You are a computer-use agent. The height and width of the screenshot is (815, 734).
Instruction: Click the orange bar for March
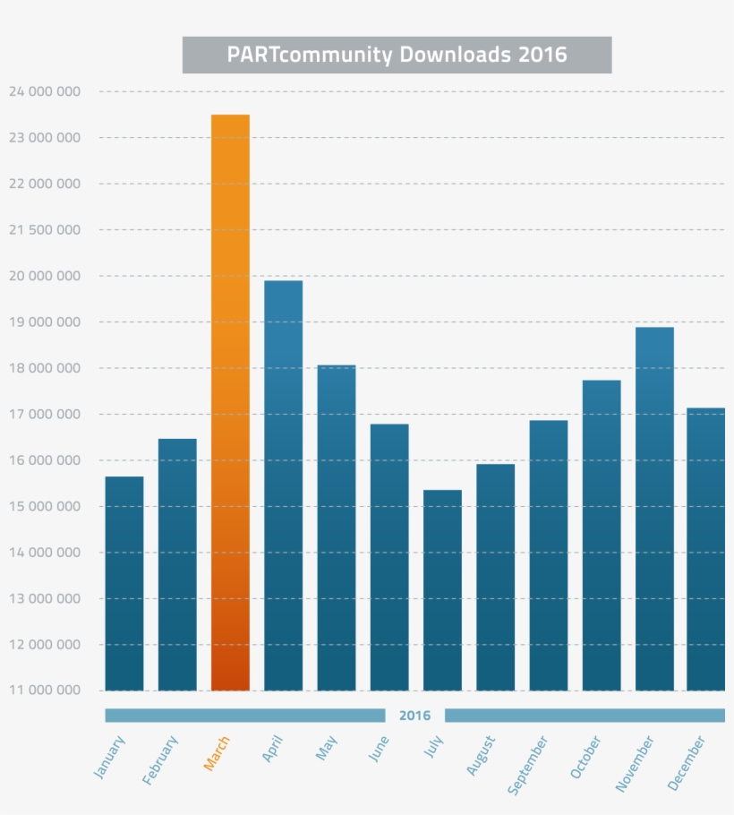[230, 403]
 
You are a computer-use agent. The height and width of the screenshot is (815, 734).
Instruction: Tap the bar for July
[442, 590]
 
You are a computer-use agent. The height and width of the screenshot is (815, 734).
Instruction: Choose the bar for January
[124, 583]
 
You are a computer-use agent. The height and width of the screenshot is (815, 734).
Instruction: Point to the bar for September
[549, 555]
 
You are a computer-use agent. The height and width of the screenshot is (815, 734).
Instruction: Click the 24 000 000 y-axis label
[44, 91]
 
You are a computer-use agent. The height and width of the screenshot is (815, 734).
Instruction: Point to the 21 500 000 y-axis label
[44, 230]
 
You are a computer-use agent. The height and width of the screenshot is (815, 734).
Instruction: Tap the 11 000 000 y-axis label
[44, 691]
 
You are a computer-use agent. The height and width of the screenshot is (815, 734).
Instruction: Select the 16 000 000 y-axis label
[44, 460]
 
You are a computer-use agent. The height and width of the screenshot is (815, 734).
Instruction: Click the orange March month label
[217, 754]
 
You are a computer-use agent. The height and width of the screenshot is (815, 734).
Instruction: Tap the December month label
[687, 763]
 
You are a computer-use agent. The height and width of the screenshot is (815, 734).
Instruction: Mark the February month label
[161, 760]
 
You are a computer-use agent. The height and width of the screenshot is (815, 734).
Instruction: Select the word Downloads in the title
[456, 55]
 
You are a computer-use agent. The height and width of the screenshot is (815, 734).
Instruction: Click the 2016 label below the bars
[414, 716]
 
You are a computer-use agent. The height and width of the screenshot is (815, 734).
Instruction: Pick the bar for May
[337, 528]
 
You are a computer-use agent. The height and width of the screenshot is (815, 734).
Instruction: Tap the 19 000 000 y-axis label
[44, 322]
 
